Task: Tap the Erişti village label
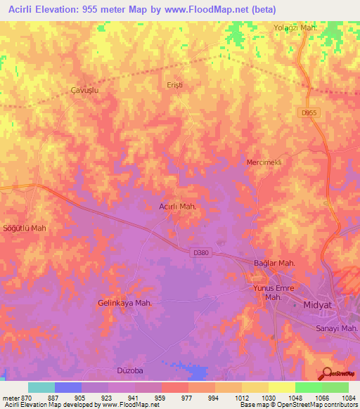click(x=174, y=84)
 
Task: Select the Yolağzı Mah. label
click(x=297, y=27)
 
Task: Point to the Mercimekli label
click(x=264, y=162)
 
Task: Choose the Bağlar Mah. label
click(x=274, y=263)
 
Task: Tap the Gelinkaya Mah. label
click(x=124, y=303)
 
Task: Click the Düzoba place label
click(x=129, y=369)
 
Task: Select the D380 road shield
click(x=200, y=252)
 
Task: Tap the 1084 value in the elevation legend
click(x=347, y=398)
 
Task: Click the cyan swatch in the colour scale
click(x=41, y=387)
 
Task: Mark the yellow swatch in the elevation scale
click(x=281, y=387)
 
